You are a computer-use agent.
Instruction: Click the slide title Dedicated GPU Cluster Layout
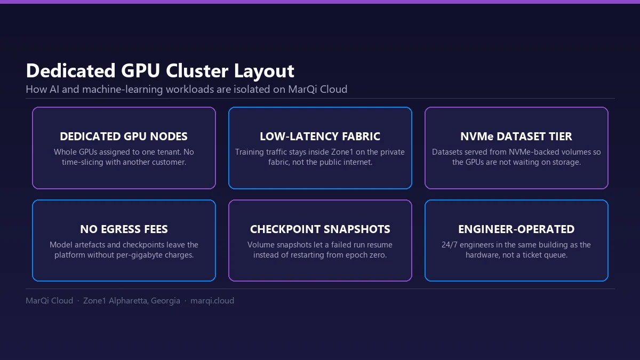tap(160, 70)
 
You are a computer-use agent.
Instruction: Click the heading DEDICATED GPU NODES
tap(124, 137)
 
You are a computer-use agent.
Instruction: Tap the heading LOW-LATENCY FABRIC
tap(320, 137)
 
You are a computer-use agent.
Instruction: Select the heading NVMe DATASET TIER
tap(516, 137)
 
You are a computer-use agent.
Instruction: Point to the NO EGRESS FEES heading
tap(124, 229)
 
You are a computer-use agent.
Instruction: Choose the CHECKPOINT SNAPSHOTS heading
tap(320, 229)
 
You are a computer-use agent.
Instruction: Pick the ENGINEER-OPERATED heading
tap(516, 229)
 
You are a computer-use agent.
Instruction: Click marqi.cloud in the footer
tap(212, 301)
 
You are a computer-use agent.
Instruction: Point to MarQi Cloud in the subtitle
tap(318, 90)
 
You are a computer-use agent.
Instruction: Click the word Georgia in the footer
tap(165, 301)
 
